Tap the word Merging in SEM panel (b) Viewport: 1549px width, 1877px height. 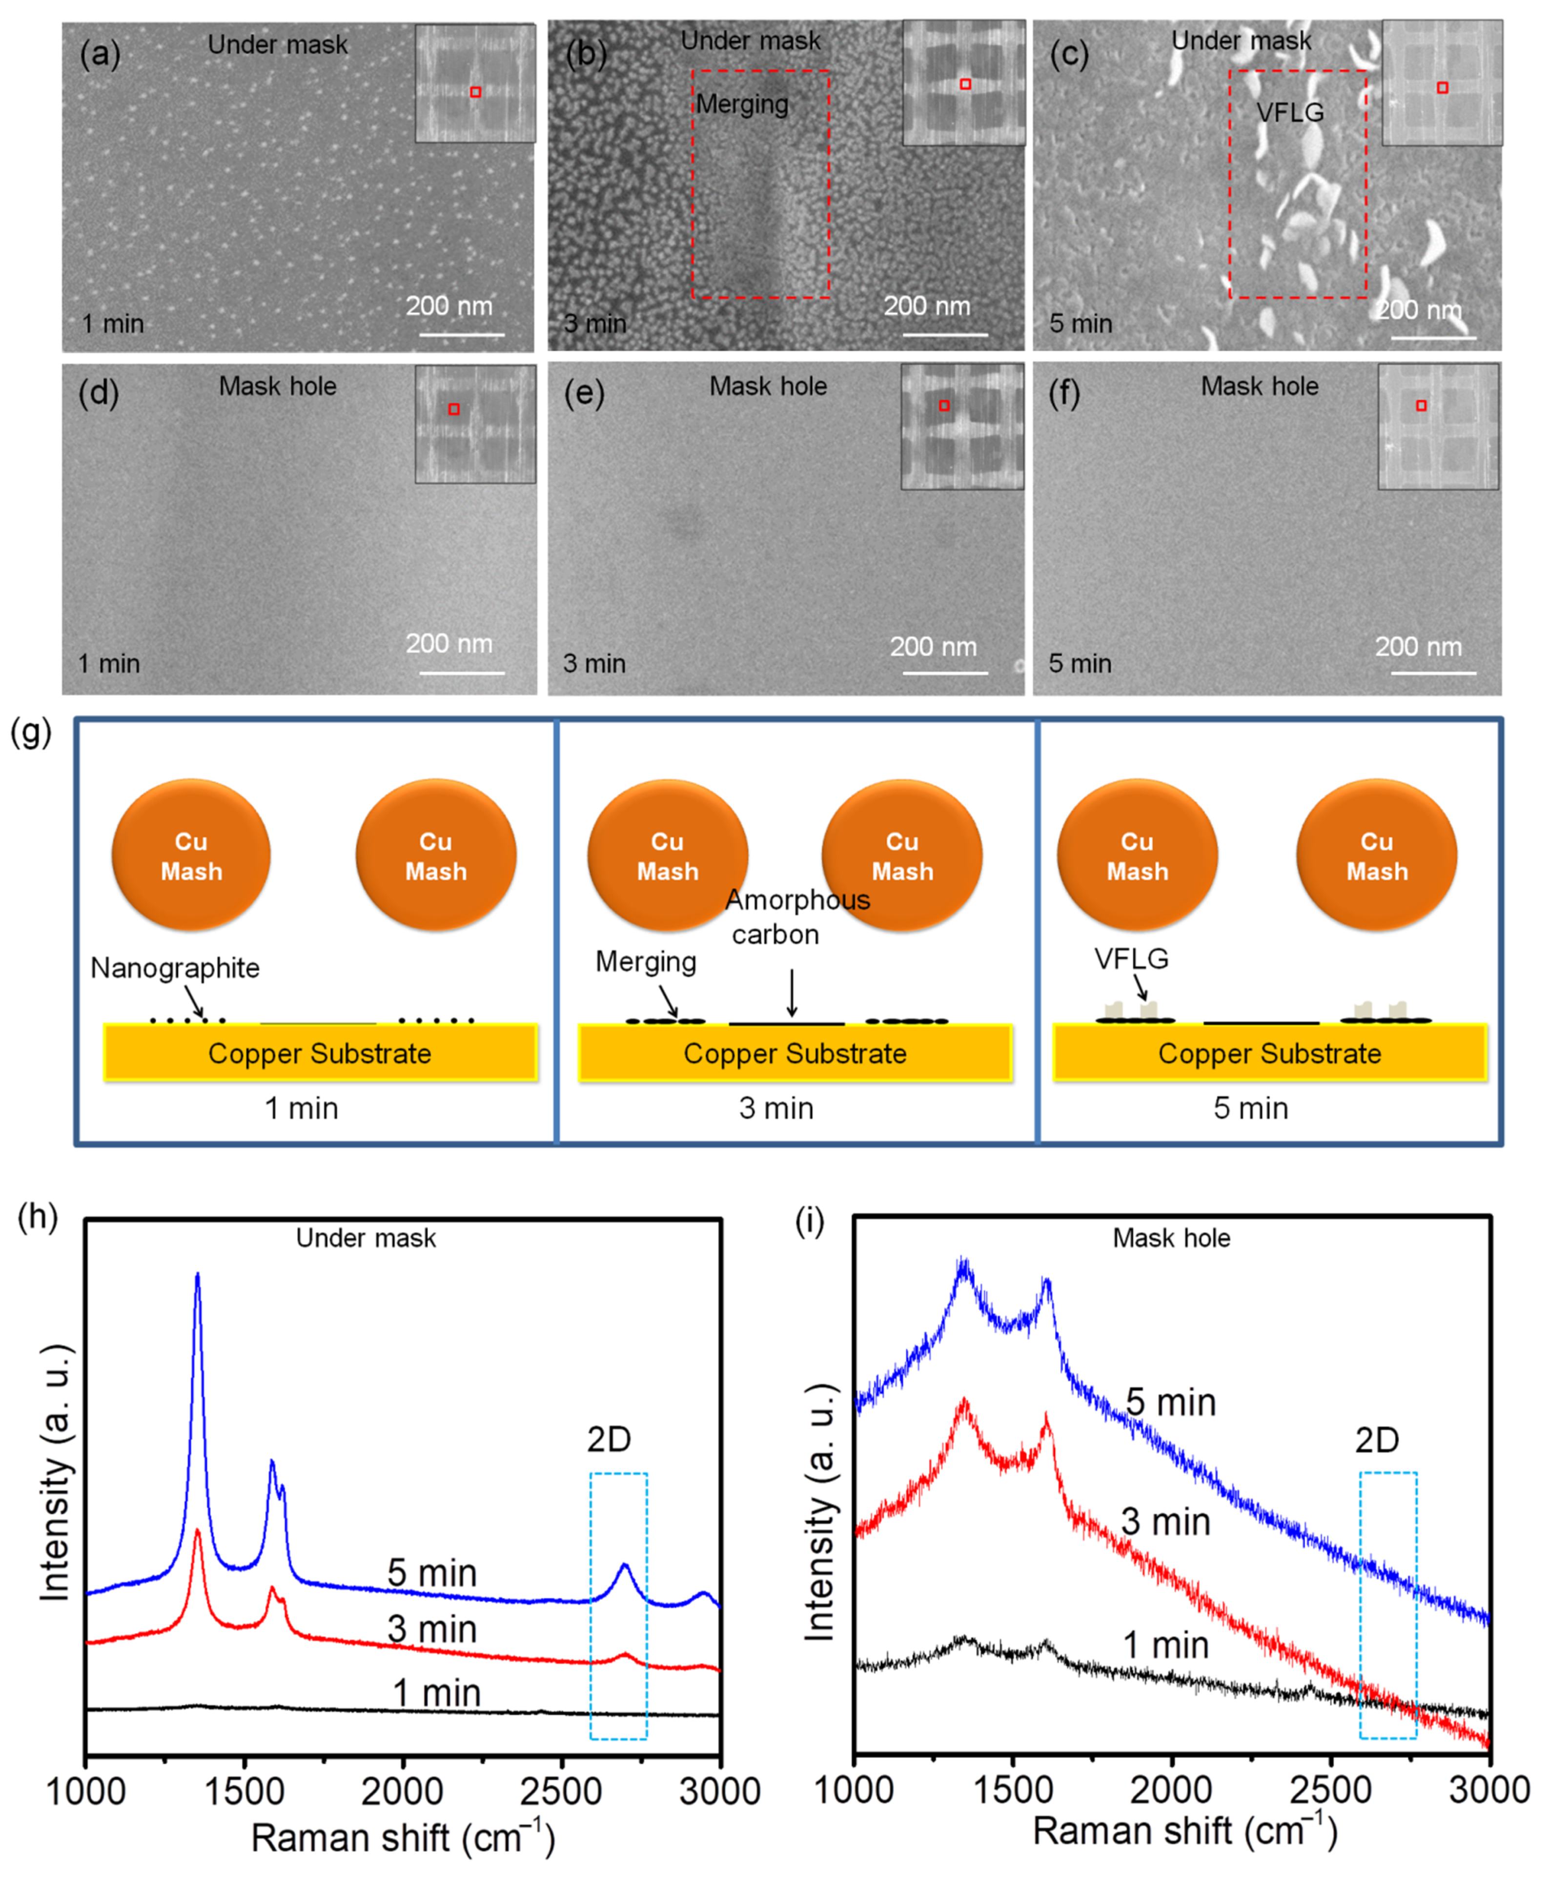pos(742,104)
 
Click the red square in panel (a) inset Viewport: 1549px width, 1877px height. pos(476,92)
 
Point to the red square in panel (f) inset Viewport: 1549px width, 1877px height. pos(1422,406)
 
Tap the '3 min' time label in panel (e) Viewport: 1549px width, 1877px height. pos(594,664)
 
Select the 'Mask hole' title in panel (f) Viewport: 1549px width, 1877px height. pos(1259,387)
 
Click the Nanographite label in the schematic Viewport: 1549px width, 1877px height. pos(175,968)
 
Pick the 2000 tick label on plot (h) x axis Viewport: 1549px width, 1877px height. pos(403,1792)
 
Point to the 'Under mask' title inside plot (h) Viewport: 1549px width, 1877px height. pos(366,1238)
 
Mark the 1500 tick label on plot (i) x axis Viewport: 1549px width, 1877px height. pos(1013,1791)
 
